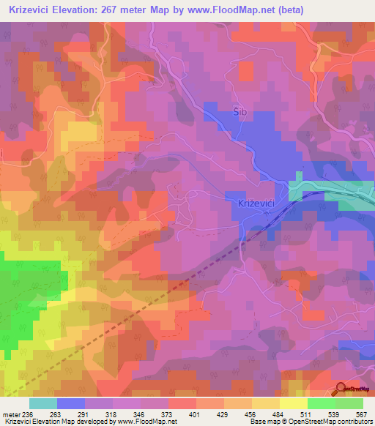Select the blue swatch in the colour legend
[x=71, y=403]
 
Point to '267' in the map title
[x=121, y=10]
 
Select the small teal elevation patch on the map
[x=297, y=188]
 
